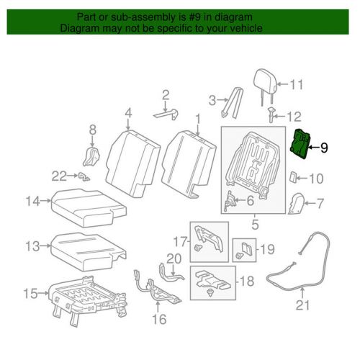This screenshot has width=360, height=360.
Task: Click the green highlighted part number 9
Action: coord(300,144)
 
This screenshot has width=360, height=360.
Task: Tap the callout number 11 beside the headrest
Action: coord(297,84)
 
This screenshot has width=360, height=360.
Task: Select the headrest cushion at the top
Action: coord(265,81)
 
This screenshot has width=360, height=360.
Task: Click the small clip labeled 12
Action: coord(271,114)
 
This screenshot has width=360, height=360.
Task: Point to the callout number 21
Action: coord(302,305)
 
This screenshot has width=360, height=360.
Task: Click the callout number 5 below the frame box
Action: coord(255,225)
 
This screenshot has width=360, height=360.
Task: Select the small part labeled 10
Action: coord(294,177)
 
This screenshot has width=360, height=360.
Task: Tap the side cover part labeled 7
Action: coord(296,204)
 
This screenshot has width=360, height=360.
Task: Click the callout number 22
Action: coord(59,176)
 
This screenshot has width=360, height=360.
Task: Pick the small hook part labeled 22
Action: coord(84,176)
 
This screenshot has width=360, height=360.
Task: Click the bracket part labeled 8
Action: coord(91,156)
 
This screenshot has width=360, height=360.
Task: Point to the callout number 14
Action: coord(33,201)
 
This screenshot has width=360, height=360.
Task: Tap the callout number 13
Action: coord(32,246)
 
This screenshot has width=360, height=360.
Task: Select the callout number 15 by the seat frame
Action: coord(31,293)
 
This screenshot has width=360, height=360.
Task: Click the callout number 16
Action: coord(159,319)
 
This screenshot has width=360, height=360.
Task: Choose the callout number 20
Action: coord(174,258)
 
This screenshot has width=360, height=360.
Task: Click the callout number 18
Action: coord(247,281)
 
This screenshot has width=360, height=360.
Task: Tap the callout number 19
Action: coord(267,249)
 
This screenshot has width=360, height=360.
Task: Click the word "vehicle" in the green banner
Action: coord(246,28)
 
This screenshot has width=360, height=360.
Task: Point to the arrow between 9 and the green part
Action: coord(313,148)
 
